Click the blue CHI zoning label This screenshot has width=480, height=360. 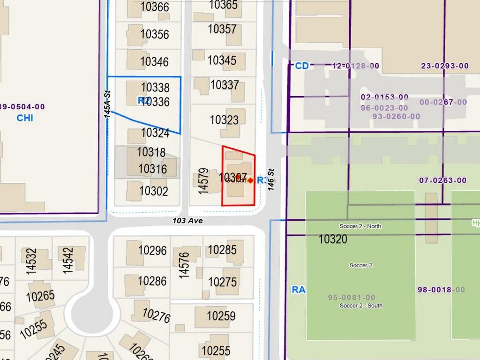(25, 118)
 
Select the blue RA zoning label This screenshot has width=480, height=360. (298, 290)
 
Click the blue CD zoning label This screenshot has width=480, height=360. (302, 66)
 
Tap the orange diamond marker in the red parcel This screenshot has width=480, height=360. (250, 180)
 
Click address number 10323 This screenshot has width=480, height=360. (224, 120)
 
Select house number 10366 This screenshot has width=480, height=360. (154, 7)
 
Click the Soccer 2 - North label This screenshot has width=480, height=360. (360, 226)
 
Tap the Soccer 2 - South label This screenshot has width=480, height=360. (361, 306)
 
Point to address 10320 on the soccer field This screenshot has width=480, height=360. (333, 239)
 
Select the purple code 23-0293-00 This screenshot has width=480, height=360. (445, 66)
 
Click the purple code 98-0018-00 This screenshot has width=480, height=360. (441, 290)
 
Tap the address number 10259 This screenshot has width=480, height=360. (221, 316)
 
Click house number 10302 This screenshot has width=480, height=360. (153, 191)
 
